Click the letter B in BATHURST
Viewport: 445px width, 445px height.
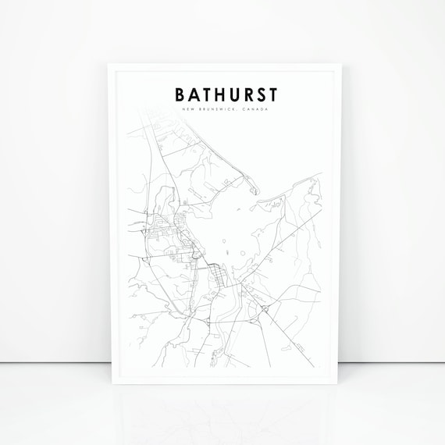coord(180,94)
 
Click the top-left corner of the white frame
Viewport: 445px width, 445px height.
coord(108,64)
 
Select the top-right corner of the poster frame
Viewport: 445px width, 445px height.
coord(336,64)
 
